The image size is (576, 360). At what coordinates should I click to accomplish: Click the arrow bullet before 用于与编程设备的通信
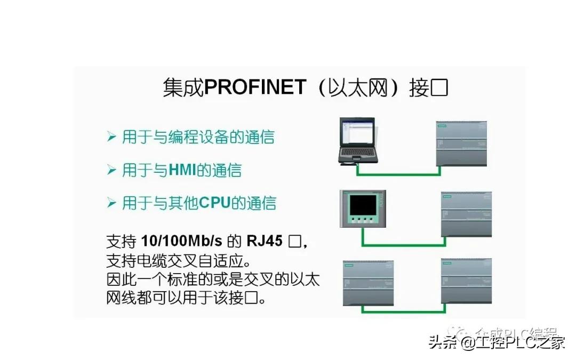coord(111,138)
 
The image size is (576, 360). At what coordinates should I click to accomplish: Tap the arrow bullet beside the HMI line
coord(111,170)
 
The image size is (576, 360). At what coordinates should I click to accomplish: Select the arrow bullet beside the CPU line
coord(111,203)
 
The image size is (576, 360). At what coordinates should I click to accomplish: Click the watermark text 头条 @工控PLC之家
coord(496,342)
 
